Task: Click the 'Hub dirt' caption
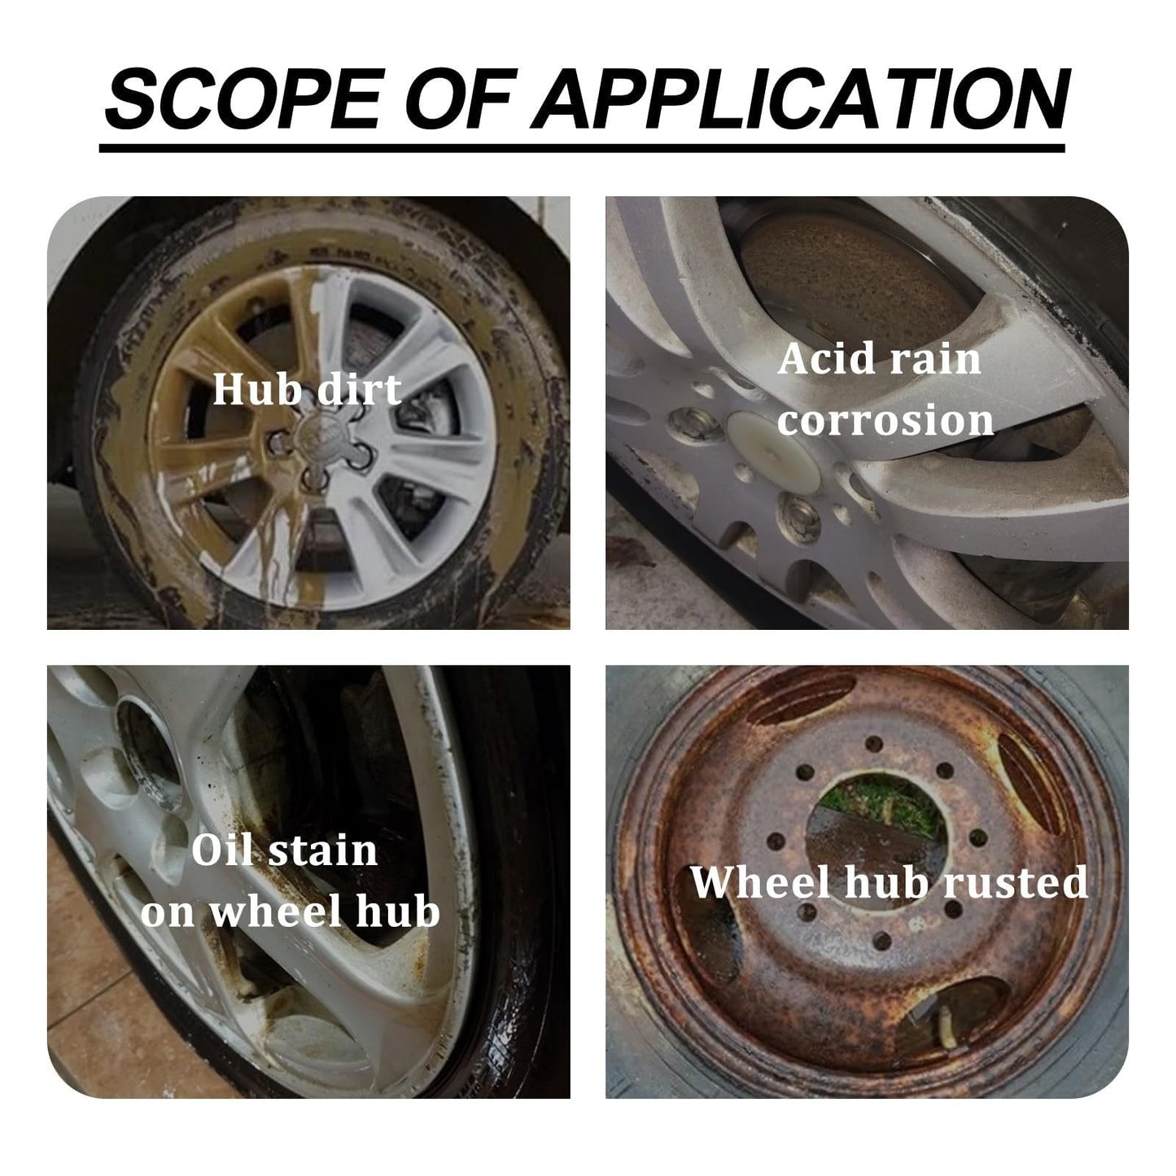[x=307, y=390]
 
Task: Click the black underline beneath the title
[x=581, y=149]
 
